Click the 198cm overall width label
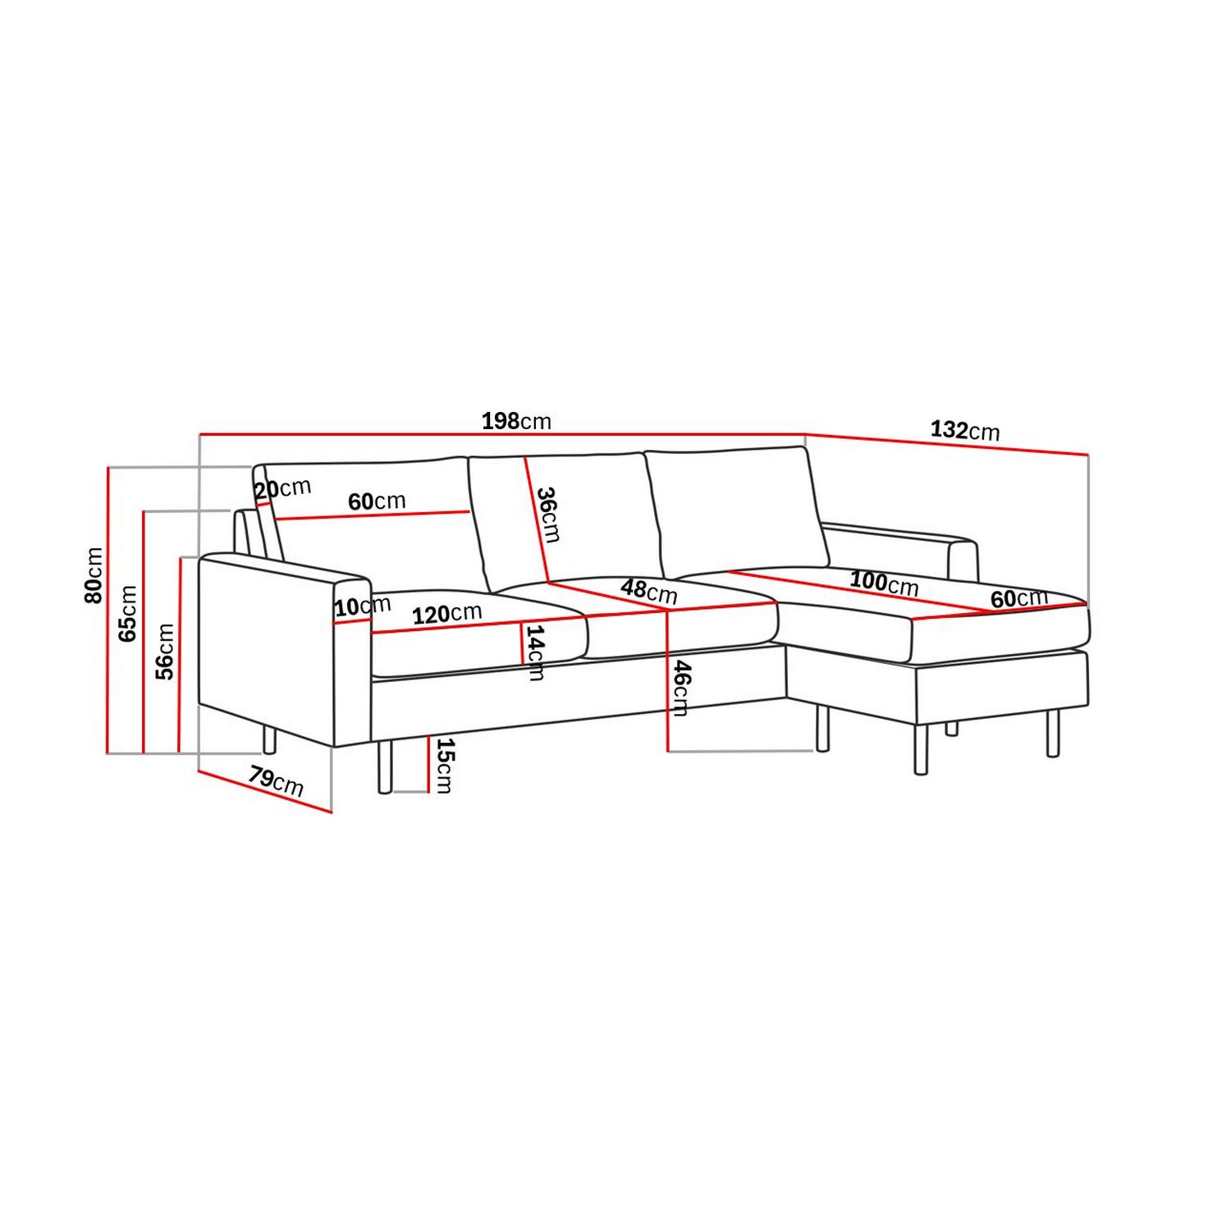pos(516,421)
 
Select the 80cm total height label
pos(94,575)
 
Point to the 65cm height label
pos(128,613)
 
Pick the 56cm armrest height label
pos(165,651)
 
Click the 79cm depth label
pos(276,780)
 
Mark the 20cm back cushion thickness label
pos(282,489)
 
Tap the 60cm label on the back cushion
pos(377,501)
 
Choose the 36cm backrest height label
pos(547,515)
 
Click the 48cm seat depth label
pos(648,590)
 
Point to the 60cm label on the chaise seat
pos(1018,598)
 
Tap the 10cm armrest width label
pos(362,606)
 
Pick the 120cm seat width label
pos(446,613)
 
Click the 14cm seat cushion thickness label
pos(535,652)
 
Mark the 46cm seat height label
pos(681,688)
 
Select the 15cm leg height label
pos(443,765)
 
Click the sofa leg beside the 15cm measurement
pos(384,766)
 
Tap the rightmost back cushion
pos(734,509)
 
